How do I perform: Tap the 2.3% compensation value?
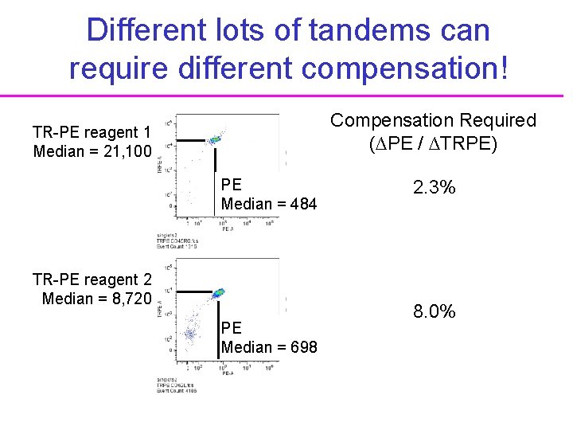(434, 188)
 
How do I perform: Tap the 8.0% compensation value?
(434, 311)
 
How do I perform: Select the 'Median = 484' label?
(269, 204)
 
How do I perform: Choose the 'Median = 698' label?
(269, 347)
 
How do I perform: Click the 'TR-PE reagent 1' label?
(92, 131)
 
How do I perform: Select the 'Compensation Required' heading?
(434, 120)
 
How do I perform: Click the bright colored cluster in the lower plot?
(217, 295)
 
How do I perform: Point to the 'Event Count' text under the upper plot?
(176, 246)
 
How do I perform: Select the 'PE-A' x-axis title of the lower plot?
(227, 373)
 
